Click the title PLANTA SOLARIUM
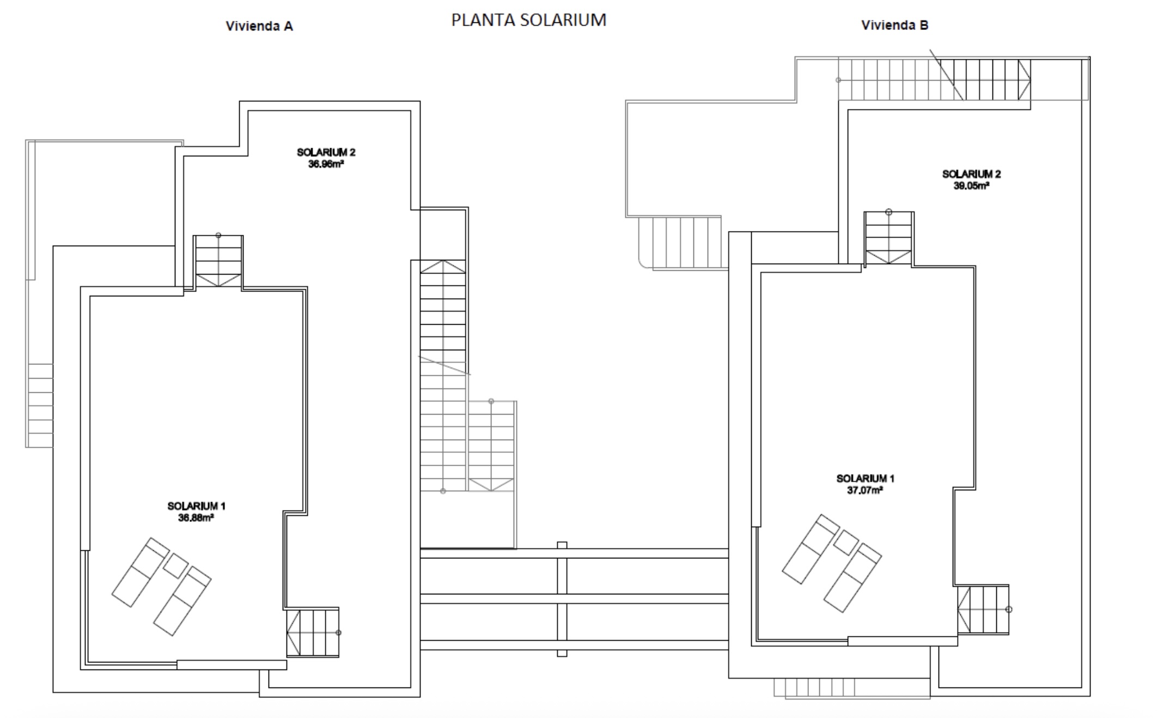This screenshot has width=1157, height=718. pyautogui.click(x=528, y=20)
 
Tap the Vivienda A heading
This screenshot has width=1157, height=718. pyautogui.click(x=259, y=26)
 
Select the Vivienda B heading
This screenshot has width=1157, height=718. pyautogui.click(x=894, y=25)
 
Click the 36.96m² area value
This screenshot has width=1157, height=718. pyautogui.click(x=326, y=164)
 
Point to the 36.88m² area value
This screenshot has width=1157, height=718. pyautogui.click(x=196, y=518)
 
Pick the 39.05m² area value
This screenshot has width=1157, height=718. pyautogui.click(x=971, y=186)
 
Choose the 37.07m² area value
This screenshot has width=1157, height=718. pyautogui.click(x=865, y=490)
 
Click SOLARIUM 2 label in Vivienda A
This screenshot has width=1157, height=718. pyautogui.click(x=326, y=152)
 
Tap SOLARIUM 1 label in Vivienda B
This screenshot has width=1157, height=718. pyautogui.click(x=865, y=478)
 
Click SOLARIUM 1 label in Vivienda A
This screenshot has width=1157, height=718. pyautogui.click(x=196, y=506)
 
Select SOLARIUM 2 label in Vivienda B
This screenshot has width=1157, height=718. pyautogui.click(x=971, y=174)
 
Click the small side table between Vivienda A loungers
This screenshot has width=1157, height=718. pyautogui.click(x=175, y=566)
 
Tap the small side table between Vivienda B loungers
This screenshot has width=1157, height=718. pyautogui.click(x=846, y=543)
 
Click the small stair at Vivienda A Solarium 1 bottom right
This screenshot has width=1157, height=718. pyautogui.click(x=313, y=632)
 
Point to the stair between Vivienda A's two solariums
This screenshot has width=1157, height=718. pyautogui.click(x=218, y=261)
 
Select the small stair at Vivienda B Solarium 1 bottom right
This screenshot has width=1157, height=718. pyautogui.click(x=983, y=610)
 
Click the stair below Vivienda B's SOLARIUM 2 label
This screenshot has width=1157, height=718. pyautogui.click(x=888, y=238)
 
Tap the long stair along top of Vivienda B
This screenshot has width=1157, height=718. pyautogui.click(x=934, y=80)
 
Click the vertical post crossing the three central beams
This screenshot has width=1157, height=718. pyautogui.click(x=562, y=599)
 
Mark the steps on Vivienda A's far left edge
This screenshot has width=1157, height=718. pyautogui.click(x=40, y=405)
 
